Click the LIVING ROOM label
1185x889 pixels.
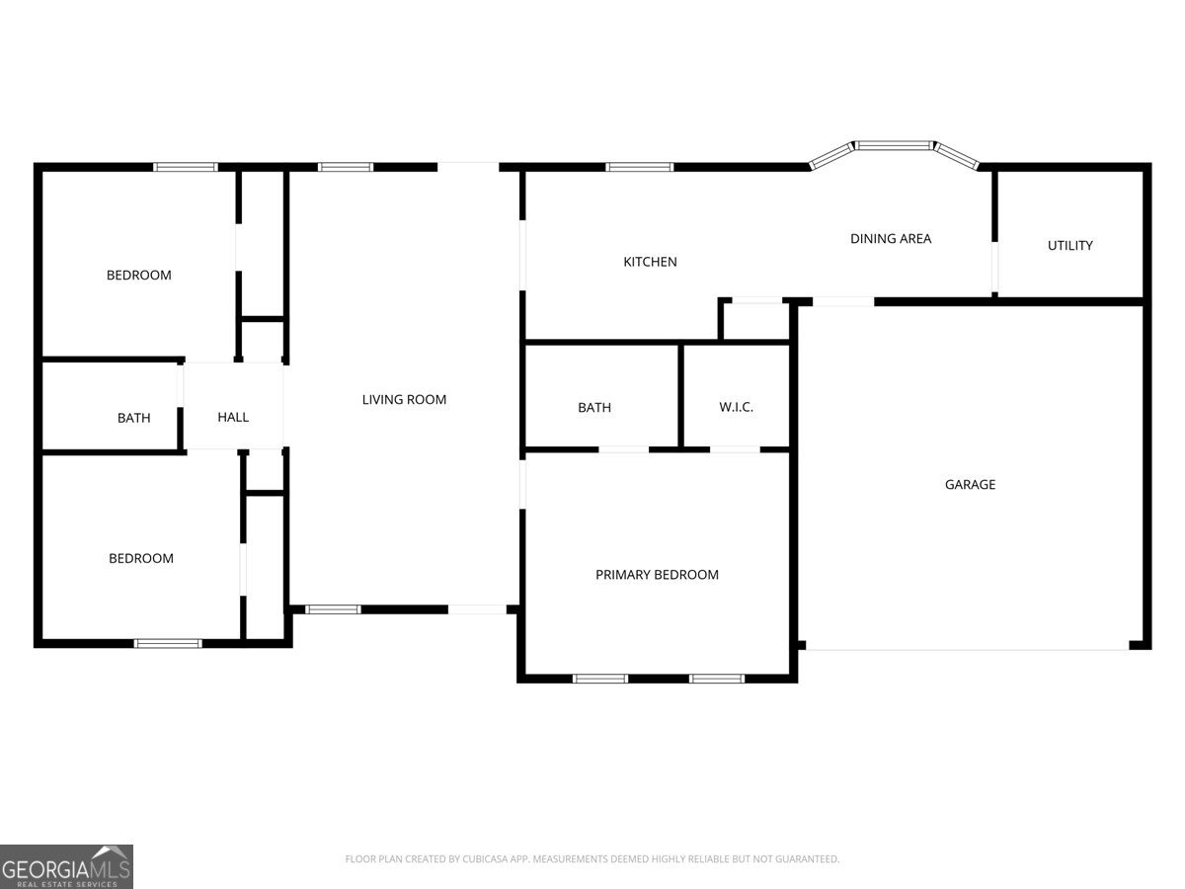[x=404, y=399]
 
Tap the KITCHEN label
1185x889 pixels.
[x=650, y=262]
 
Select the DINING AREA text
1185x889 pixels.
[x=891, y=239]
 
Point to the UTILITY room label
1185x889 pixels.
[x=1070, y=246]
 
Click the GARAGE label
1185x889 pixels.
[x=970, y=484]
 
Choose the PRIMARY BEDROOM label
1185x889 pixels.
[x=657, y=574]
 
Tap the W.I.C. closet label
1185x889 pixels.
[x=736, y=407]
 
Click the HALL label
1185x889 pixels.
[x=233, y=417]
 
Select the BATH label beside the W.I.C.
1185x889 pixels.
[x=594, y=408]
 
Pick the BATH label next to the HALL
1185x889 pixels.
[x=134, y=418]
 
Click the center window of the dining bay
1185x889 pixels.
[x=894, y=145]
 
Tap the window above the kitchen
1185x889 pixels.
[x=639, y=167]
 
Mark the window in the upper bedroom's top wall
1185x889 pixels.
[x=186, y=167]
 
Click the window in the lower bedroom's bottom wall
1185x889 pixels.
[x=168, y=643]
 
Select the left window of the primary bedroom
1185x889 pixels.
[x=600, y=679]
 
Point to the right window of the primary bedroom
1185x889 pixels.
[x=717, y=679]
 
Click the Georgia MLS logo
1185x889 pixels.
[x=66, y=867]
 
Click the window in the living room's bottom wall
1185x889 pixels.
[x=333, y=609]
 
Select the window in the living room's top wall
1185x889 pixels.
[x=346, y=167]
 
